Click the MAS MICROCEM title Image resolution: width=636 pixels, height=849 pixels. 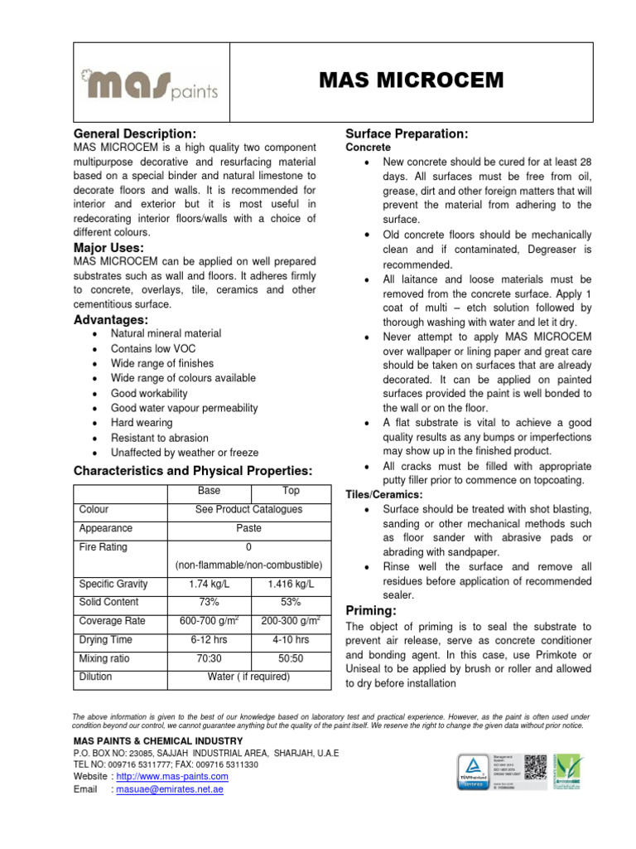[412, 80]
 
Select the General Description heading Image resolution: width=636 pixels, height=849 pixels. [135, 133]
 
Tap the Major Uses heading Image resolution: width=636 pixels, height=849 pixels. [108, 248]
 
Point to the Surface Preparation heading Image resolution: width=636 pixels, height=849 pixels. [407, 133]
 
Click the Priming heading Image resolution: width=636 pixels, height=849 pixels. [372, 610]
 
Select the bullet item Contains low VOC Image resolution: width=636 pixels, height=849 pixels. [153, 348]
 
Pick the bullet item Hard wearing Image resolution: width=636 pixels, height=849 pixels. [142, 423]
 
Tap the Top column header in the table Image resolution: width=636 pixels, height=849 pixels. [291, 491]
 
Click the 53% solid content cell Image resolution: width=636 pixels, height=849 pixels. [291, 602]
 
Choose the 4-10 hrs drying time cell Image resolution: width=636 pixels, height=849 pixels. [291, 640]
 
